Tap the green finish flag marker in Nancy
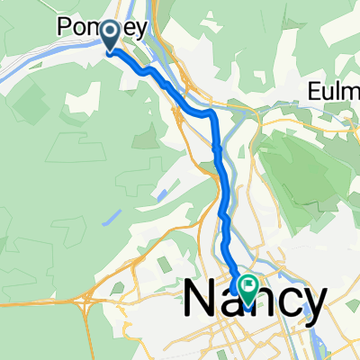(x=246, y=287)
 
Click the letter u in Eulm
(x=329, y=94)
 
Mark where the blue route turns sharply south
(x=214, y=114)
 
